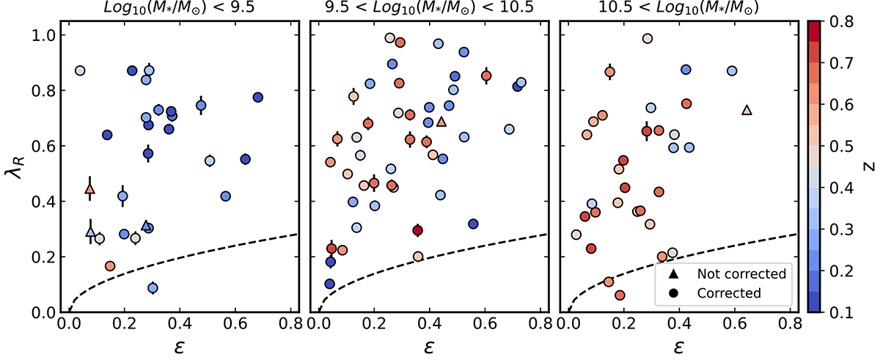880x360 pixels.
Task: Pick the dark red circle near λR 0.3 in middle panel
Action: [x=418, y=230]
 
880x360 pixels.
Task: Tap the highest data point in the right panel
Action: [x=648, y=39]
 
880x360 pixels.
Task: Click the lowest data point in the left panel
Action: [x=153, y=288]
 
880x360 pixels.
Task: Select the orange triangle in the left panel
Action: [x=89, y=190]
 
